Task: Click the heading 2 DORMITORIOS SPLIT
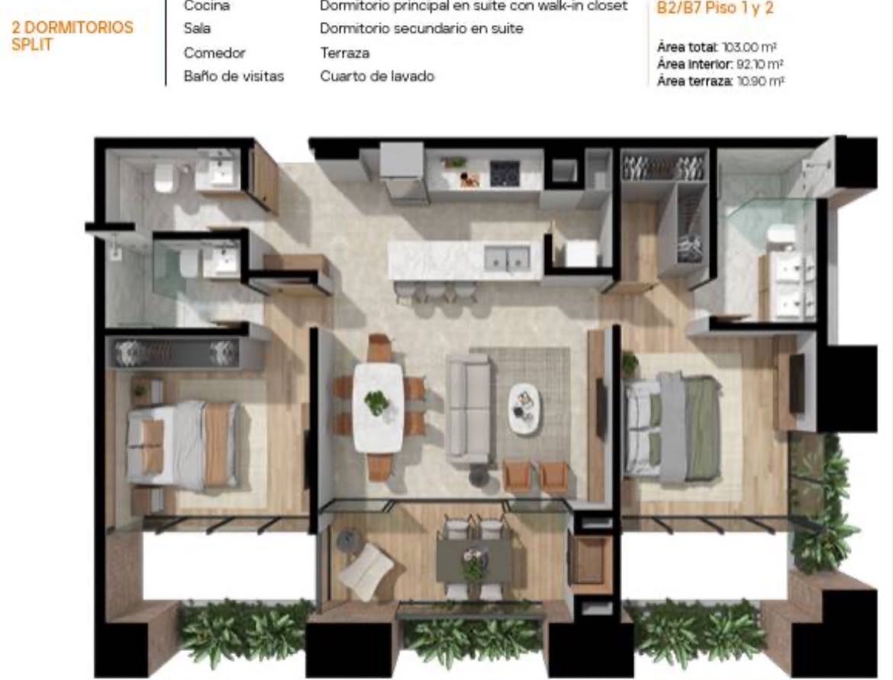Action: [x=73, y=36]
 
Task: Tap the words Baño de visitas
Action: [x=234, y=76]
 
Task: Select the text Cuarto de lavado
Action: [x=377, y=76]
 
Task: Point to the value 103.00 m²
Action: [x=750, y=47]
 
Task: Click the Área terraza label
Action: [x=695, y=82]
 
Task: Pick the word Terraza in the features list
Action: [x=344, y=53]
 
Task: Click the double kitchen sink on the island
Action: [x=507, y=258]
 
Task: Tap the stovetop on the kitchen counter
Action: [x=505, y=174]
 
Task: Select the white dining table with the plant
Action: [x=378, y=407]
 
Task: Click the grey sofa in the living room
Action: [x=469, y=407]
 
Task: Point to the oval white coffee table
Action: [x=524, y=409]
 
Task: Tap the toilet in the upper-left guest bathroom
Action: [x=164, y=178]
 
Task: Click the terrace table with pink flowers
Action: [x=473, y=561]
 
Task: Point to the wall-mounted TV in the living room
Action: [x=601, y=408]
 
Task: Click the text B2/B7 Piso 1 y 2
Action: [x=714, y=8]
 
